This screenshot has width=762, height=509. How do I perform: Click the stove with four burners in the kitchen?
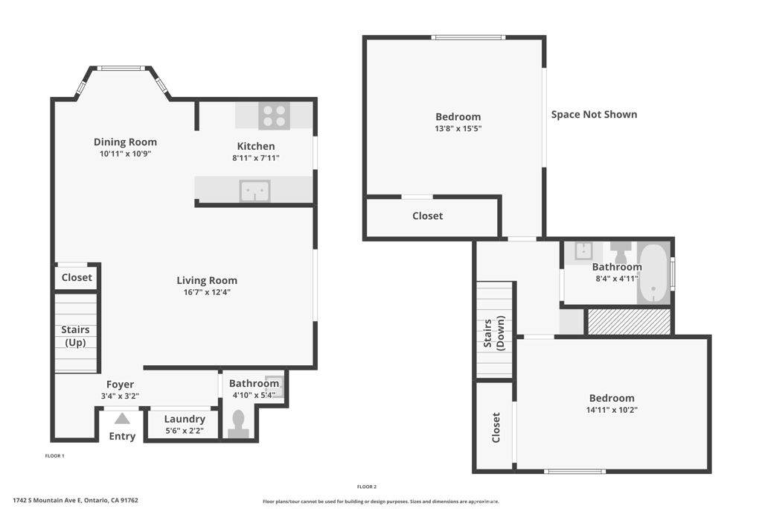click(x=274, y=116)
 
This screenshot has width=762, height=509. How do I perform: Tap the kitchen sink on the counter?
click(x=254, y=191)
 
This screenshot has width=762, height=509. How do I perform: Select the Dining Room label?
click(x=125, y=142)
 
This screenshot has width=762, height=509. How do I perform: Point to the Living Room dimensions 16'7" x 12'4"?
click(x=207, y=292)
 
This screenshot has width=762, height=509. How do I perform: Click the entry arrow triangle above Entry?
click(x=122, y=419)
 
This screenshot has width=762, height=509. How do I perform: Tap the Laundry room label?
click(x=185, y=419)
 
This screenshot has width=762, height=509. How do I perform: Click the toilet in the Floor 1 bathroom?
click(x=239, y=423)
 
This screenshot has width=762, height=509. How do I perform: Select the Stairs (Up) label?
click(x=75, y=336)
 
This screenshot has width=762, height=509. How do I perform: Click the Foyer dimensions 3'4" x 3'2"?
click(x=120, y=396)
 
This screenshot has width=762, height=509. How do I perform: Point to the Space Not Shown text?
click(x=594, y=114)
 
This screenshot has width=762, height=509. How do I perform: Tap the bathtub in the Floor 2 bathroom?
click(x=653, y=274)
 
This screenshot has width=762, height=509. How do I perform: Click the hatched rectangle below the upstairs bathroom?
click(x=629, y=321)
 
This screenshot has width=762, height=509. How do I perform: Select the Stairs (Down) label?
click(x=494, y=332)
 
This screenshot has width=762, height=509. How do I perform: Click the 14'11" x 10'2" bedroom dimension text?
click(x=612, y=410)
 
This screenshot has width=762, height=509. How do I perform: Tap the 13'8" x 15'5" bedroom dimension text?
click(x=458, y=128)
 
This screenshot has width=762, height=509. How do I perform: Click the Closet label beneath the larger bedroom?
click(x=427, y=216)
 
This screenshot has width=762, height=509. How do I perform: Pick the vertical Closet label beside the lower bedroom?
click(x=496, y=428)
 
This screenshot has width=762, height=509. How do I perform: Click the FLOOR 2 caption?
click(x=367, y=487)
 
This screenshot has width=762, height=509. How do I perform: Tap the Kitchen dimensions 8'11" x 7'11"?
click(x=255, y=158)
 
